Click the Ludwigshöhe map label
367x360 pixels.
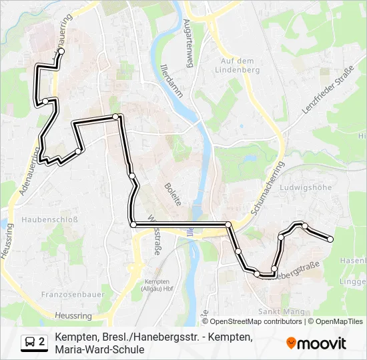point(308,187)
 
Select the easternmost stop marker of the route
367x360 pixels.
point(330,239)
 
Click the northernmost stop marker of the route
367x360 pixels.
point(61,51)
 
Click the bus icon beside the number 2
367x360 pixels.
point(30,343)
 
